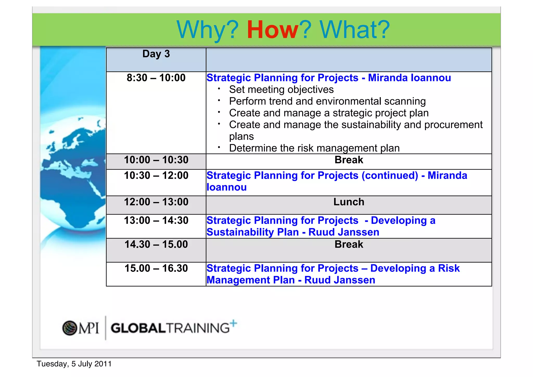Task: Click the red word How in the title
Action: [272, 30]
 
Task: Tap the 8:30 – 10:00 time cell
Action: [156, 78]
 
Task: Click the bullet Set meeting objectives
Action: [281, 90]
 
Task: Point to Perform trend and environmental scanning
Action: [327, 101]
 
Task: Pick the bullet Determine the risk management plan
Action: [314, 148]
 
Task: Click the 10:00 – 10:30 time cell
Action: [156, 160]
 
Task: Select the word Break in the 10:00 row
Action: [348, 160]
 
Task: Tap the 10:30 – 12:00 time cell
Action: [156, 175]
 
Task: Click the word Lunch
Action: [348, 202]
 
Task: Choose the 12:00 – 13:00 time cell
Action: [156, 202]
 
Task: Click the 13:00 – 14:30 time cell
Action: [156, 221]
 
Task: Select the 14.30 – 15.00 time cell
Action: [156, 244]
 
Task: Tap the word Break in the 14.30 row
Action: [348, 244]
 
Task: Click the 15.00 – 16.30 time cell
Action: [156, 268]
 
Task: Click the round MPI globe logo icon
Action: [69, 328]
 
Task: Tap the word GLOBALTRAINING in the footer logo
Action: [170, 328]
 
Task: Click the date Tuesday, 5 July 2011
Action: [74, 364]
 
